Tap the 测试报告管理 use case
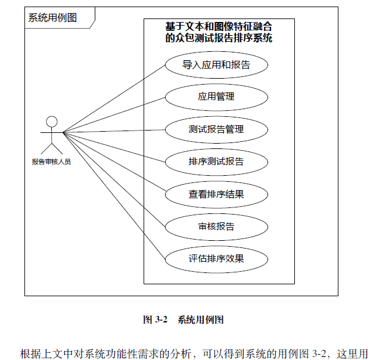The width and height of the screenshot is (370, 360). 216,129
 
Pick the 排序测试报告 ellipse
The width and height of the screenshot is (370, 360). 216,162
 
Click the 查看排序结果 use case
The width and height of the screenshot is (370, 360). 216,194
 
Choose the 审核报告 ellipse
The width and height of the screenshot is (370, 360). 216,226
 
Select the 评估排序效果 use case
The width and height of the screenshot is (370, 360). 216,259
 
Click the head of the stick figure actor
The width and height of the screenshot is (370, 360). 52,122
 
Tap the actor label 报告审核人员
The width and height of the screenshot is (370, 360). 51,161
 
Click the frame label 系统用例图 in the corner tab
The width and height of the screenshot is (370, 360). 52,17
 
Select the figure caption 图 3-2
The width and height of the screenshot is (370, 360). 154,319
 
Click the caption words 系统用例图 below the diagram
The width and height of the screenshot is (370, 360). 200,319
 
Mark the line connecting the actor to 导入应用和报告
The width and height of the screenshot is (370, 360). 113,98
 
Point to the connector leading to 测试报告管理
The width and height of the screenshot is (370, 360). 113,131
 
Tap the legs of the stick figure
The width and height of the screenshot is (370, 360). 52,149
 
